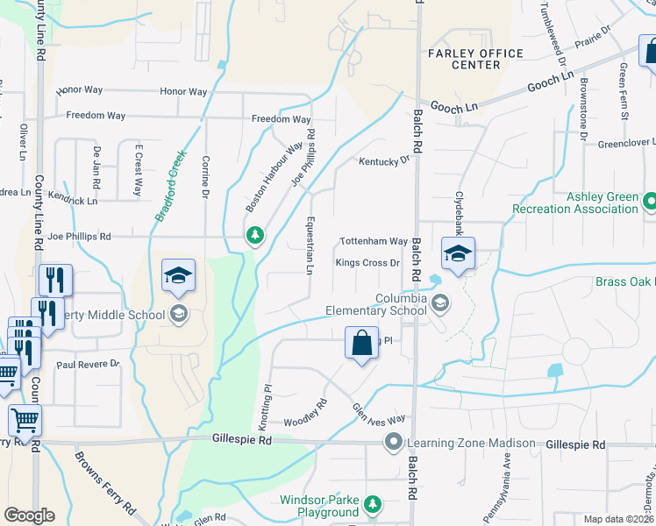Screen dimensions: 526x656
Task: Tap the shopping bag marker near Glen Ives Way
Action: (x=361, y=344)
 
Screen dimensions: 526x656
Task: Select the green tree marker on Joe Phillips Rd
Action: (x=254, y=235)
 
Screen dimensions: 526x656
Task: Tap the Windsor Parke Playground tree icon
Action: (x=374, y=504)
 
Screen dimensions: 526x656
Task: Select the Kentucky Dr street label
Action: (x=384, y=161)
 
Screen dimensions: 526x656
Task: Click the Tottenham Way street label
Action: (x=374, y=241)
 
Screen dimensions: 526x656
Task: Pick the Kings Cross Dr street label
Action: (x=367, y=262)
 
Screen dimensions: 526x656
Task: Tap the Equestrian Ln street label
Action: (x=310, y=245)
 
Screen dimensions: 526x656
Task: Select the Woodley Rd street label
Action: (x=305, y=411)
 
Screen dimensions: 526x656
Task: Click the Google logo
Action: (x=29, y=515)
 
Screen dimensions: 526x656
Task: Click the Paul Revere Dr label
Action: (x=87, y=364)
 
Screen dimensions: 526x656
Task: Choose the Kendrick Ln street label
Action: (x=73, y=201)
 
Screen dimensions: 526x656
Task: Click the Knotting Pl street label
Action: (x=268, y=398)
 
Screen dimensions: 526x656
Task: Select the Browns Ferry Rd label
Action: (x=104, y=481)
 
